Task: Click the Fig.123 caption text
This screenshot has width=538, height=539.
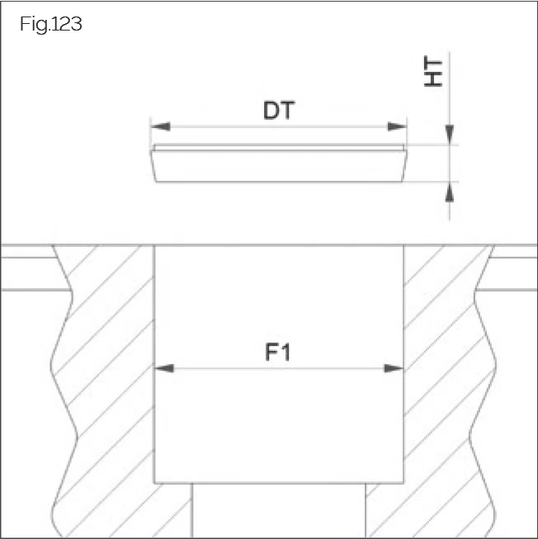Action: tap(50, 24)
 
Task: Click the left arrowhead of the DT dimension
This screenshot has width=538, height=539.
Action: tap(160, 126)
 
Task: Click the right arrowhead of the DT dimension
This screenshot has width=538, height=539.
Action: tap(398, 126)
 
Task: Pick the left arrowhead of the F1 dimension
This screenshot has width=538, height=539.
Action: tap(164, 368)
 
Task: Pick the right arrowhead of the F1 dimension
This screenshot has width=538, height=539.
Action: tap(394, 368)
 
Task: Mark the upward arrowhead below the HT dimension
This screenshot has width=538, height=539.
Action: tap(450, 191)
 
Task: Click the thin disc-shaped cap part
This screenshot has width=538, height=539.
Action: tap(278, 163)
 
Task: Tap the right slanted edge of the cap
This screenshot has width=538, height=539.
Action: tap(405, 165)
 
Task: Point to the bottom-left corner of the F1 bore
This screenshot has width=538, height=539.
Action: tap(154, 483)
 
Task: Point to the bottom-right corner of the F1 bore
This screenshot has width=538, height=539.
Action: tap(404, 483)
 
